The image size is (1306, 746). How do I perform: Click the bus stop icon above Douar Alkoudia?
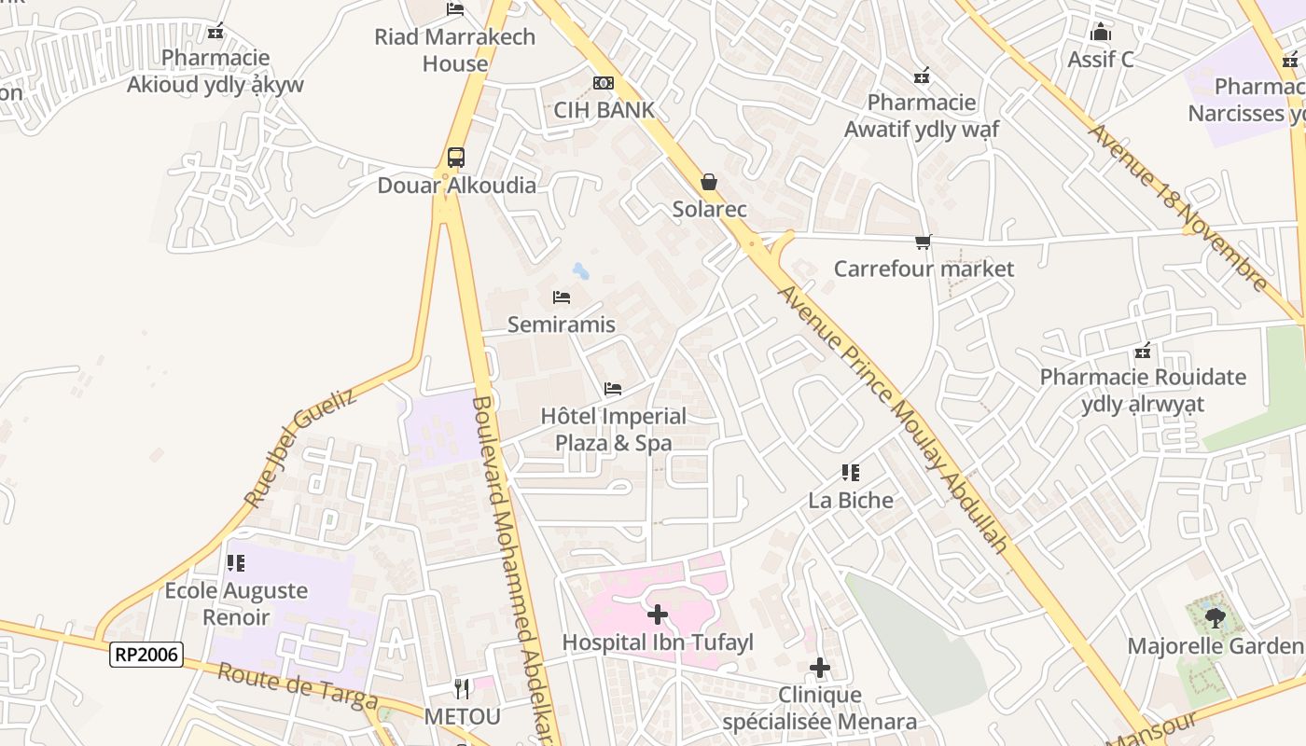[x=455, y=158]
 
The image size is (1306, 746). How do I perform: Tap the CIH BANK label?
[x=604, y=110]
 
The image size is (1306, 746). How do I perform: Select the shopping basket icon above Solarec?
[x=709, y=181]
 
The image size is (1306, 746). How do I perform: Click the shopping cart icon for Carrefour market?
[x=924, y=242]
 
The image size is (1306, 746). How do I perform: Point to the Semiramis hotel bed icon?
[x=561, y=297]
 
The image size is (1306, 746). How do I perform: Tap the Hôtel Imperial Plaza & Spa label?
[x=613, y=429]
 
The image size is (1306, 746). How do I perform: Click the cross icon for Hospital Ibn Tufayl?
[x=658, y=615]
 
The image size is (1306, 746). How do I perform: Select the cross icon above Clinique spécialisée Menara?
[x=820, y=668]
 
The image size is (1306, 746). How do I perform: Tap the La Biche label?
[x=850, y=500]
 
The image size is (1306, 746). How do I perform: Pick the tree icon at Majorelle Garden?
[x=1215, y=617]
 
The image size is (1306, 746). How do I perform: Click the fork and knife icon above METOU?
[x=462, y=689]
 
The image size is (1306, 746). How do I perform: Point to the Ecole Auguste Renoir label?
[x=236, y=603]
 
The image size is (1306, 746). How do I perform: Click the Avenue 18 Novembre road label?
[x=1178, y=208]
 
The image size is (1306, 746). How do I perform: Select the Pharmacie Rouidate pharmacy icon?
[x=1143, y=352]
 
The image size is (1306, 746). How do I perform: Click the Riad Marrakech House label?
[x=455, y=50]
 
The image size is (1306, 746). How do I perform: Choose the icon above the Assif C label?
[x=1101, y=33]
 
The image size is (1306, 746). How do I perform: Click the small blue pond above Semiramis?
[x=580, y=271]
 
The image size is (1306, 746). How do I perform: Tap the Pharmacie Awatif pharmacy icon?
[x=922, y=76]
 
